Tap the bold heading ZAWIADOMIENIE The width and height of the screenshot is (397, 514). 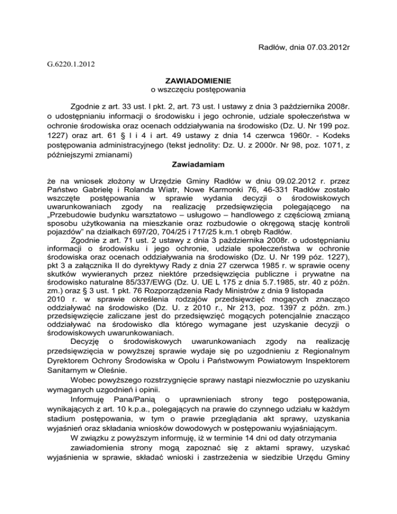click(x=198, y=81)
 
